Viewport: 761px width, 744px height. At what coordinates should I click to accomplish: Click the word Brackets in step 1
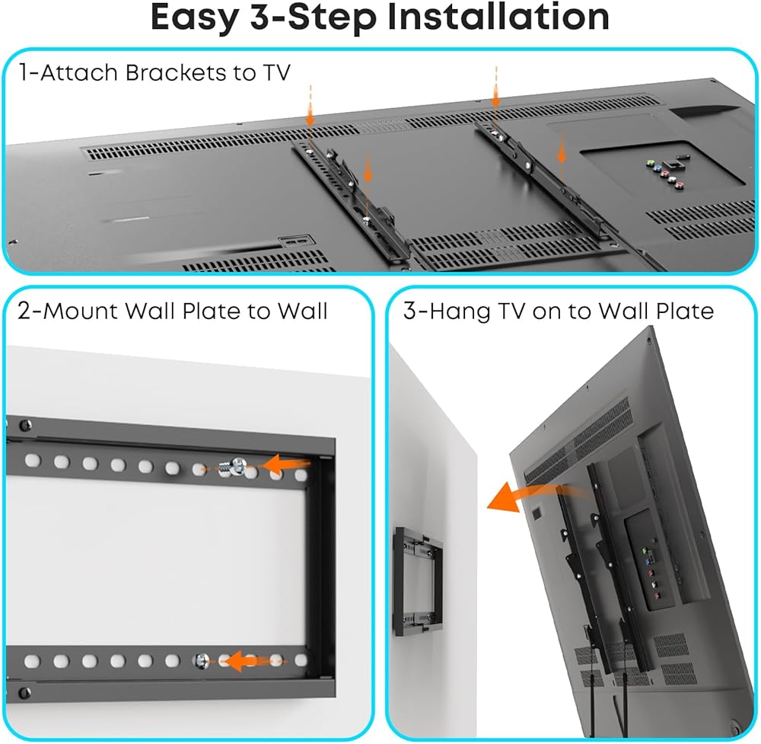pyautogui.click(x=176, y=73)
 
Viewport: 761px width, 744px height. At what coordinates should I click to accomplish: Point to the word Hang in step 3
pyautogui.click(x=459, y=311)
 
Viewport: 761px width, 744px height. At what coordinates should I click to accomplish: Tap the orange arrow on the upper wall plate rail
pyautogui.click(x=286, y=463)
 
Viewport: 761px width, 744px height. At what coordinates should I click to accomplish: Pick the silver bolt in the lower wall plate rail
pyautogui.click(x=202, y=661)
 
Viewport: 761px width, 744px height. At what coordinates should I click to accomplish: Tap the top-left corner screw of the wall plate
pyautogui.click(x=24, y=426)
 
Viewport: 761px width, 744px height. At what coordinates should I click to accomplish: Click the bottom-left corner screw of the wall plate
pyautogui.click(x=24, y=692)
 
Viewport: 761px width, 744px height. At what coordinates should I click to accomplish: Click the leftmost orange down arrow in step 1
pyautogui.click(x=310, y=108)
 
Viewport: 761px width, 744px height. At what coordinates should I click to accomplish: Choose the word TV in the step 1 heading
pyautogui.click(x=277, y=73)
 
